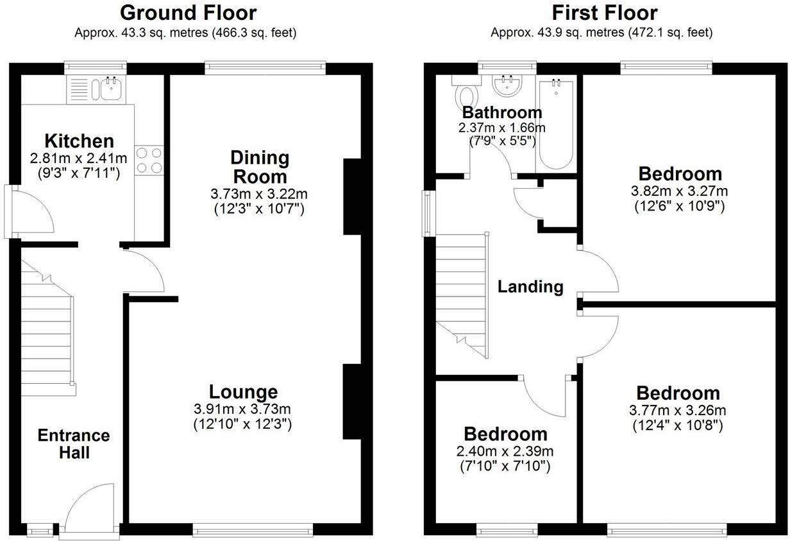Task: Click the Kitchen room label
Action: coord(79,141)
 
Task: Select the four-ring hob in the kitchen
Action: coord(149,160)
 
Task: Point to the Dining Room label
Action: coord(260,167)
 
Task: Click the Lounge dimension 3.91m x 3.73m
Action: coord(242,409)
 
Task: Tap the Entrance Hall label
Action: coord(73,444)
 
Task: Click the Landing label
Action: coord(531,287)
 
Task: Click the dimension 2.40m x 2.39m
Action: coord(505,451)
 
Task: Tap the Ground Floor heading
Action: coord(188,13)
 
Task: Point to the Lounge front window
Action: coord(253,529)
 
